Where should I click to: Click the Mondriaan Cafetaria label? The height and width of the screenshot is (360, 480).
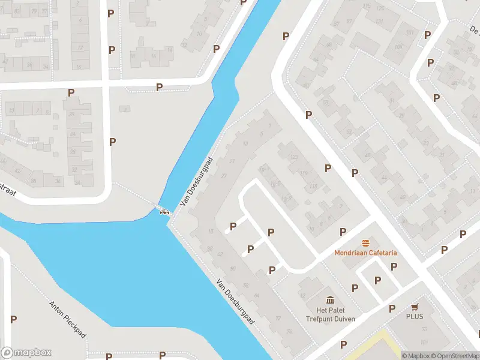point(365,253)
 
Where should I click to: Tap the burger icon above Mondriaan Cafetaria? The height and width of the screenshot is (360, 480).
point(365,243)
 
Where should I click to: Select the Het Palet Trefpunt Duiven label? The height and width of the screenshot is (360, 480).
point(330,314)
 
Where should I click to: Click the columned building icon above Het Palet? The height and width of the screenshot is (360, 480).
point(330,300)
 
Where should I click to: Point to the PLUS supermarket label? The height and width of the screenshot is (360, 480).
point(414,316)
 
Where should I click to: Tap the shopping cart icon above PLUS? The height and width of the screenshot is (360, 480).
point(414,307)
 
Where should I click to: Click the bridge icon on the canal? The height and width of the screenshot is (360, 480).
point(163,210)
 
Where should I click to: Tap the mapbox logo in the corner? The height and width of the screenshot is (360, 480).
point(26,353)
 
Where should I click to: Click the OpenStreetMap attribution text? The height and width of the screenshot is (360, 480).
point(455,356)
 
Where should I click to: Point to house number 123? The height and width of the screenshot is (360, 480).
point(294,157)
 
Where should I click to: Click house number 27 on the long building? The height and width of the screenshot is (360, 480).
point(224,175)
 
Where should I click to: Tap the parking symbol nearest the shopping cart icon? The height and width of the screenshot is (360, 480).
point(392,308)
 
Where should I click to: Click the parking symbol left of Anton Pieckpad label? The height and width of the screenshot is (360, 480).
point(13,319)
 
